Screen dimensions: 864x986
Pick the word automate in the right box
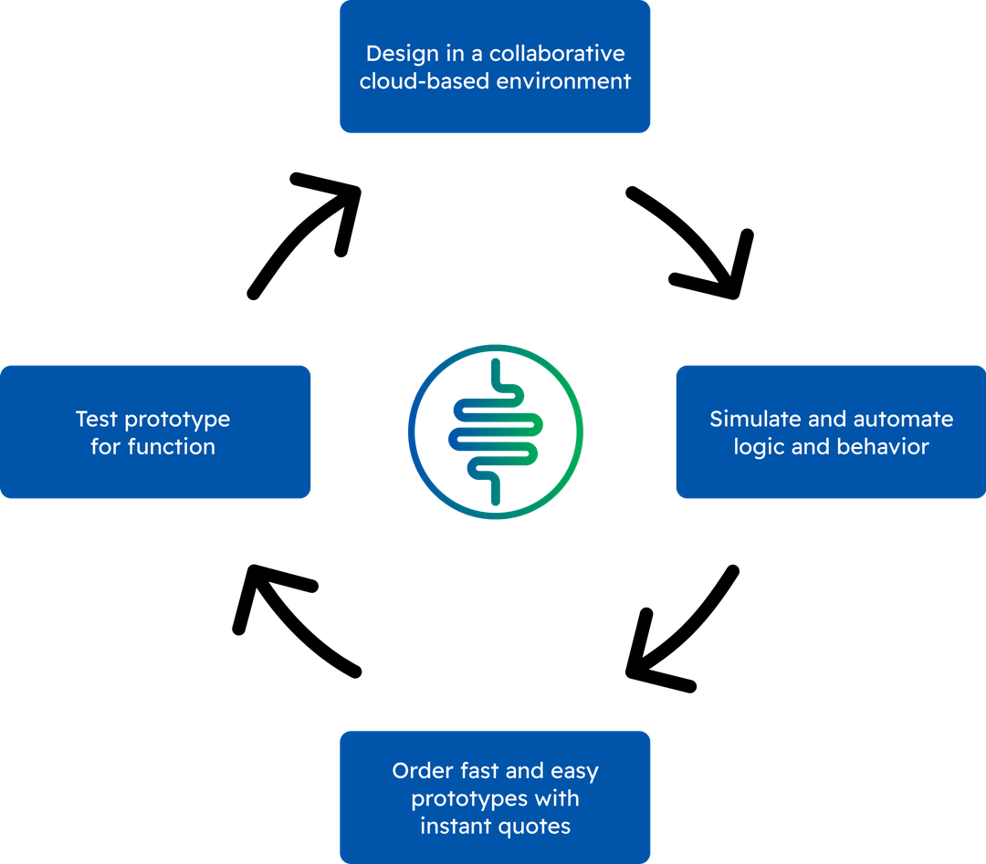[x=903, y=419]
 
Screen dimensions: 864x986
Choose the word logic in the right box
[x=757, y=447]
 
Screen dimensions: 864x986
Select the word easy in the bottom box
[x=574, y=772]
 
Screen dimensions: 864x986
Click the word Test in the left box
[x=96, y=419]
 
